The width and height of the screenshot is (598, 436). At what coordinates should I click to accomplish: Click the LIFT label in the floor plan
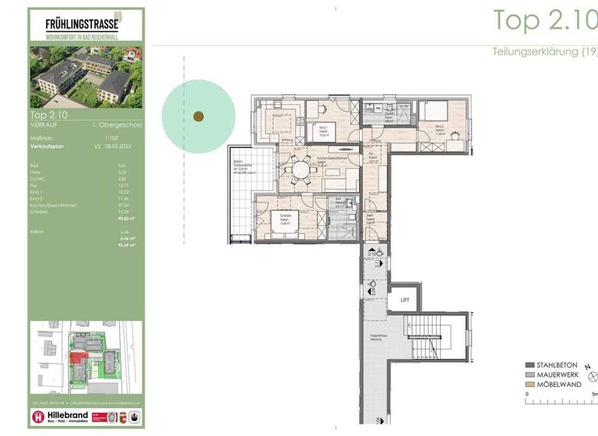pos(404,299)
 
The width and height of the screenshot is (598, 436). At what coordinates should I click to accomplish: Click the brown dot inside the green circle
pos(199,117)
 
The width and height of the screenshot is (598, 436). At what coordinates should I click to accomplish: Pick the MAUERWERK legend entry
pos(554,374)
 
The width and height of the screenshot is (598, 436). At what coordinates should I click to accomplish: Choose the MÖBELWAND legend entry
pos(554,385)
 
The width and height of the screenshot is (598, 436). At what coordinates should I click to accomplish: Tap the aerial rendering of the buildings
pos(86,77)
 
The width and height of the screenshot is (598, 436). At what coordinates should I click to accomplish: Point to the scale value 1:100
pos(101,138)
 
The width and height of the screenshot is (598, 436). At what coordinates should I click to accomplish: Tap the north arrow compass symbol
pos(593,376)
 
